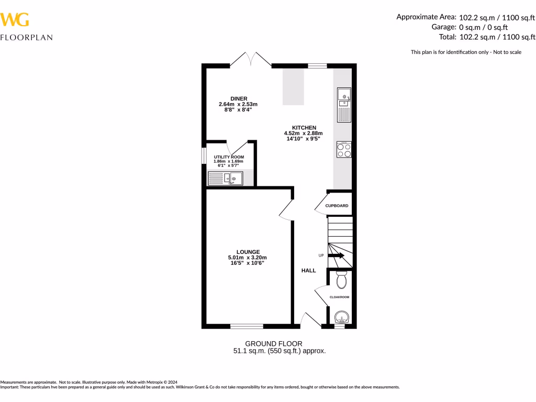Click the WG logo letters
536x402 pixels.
pos(15,20)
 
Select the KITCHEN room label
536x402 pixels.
pos(304,128)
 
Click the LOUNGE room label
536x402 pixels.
pos(248,252)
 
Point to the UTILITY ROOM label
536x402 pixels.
pos(229,157)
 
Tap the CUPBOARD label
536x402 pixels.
pos(337,206)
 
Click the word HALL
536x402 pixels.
pos(308,271)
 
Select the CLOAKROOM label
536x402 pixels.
pos(339,297)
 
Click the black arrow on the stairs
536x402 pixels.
pos(337,255)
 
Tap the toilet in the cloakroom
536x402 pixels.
pos(341,281)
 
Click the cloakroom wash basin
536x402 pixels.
pos(341,317)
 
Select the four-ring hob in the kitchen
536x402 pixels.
pos(344,150)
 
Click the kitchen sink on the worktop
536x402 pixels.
pos(343,105)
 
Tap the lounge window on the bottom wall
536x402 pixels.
pos(247,326)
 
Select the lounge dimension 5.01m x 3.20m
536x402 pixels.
pos(248,258)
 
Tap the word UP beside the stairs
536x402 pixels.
pos(321,255)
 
